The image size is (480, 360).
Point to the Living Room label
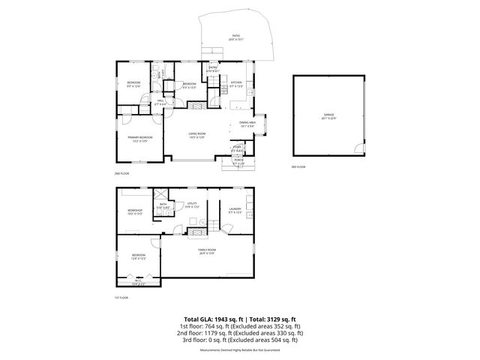pos(197,136)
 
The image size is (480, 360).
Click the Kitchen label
pos(236,83)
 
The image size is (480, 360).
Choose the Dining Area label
pos(247,123)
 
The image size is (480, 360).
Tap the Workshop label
pos(135,211)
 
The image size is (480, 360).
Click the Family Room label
pos(207,250)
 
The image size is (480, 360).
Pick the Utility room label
pos(191,204)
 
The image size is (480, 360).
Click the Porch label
pos(238,161)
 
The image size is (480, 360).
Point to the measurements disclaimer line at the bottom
pos(239,350)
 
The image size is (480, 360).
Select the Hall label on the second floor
pos(160,102)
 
